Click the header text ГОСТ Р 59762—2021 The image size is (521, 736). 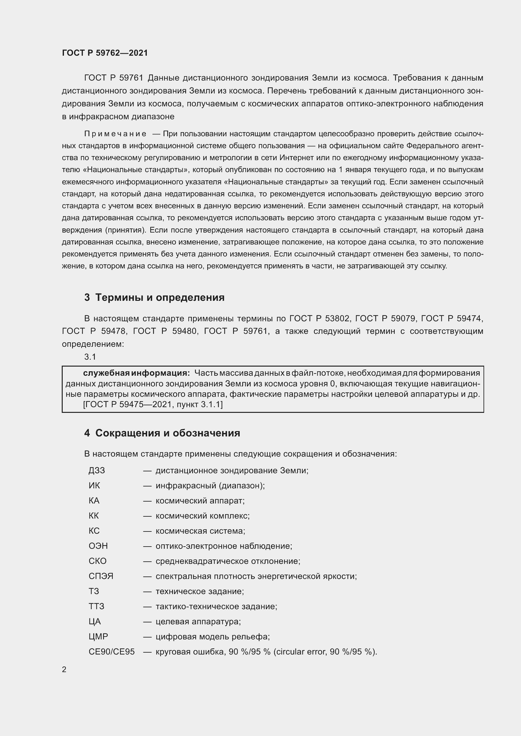coord(105,53)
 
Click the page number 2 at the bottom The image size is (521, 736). coord(64,669)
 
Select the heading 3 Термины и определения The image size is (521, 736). coord(154,297)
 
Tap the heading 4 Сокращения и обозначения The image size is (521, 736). coord(162,433)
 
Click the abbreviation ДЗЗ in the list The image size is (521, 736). coord(97,470)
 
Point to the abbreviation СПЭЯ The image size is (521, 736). coord(101,576)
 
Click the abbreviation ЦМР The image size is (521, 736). coord(98,637)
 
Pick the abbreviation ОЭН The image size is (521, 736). coord(98,546)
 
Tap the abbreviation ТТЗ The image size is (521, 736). coord(96,606)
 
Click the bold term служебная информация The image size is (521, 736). coord(136,373)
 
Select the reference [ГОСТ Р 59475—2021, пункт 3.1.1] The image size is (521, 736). coord(153,405)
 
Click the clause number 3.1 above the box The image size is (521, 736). coord(90,357)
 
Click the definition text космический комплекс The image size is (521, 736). coord(202,516)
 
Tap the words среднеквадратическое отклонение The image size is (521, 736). coord(227,561)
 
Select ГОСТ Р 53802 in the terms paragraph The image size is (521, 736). coord(319,319)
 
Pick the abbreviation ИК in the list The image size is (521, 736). coord(94,486)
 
